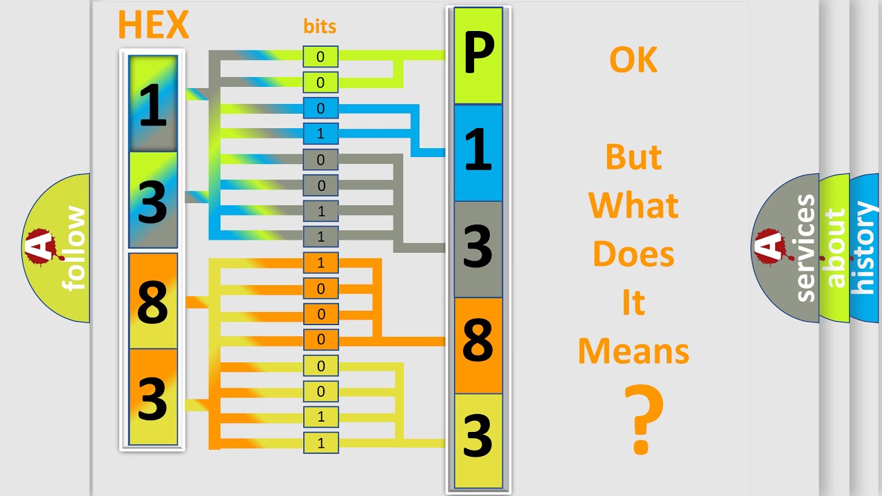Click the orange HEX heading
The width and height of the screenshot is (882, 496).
(x=153, y=25)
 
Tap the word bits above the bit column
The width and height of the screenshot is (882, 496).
(x=320, y=27)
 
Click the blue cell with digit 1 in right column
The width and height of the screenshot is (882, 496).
(x=478, y=152)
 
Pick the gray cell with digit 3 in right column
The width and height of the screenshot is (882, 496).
(x=478, y=249)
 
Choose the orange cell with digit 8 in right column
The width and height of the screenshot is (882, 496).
(x=478, y=345)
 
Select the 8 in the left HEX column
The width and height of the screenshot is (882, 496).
(x=153, y=301)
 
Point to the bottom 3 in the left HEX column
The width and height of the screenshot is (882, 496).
(x=153, y=397)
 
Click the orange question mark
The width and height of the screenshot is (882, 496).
(x=644, y=420)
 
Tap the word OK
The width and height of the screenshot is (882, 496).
(x=633, y=61)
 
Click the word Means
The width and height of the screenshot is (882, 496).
(x=633, y=351)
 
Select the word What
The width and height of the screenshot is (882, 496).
(x=633, y=205)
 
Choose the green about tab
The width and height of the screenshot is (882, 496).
(x=835, y=248)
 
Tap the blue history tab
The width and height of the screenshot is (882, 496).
(x=865, y=248)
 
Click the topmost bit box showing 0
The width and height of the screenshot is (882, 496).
(x=320, y=57)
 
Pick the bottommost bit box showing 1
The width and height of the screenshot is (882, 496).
(x=320, y=443)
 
